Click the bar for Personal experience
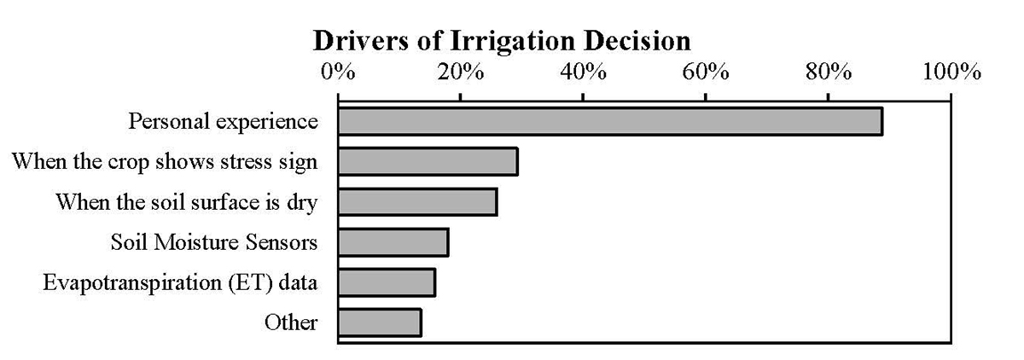click(x=610, y=121)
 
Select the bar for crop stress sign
click(x=428, y=161)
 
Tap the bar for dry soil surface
click(x=418, y=202)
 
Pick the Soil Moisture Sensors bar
click(x=393, y=242)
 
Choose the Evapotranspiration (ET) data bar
click(x=387, y=282)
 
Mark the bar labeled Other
click(x=380, y=322)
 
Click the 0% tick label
click(x=338, y=73)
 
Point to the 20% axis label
click(x=460, y=73)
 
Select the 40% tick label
click(x=584, y=73)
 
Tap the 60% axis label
click(x=706, y=73)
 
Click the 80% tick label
click(x=829, y=73)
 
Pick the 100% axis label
click(x=951, y=73)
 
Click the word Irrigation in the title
click(x=513, y=42)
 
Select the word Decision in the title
click(x=637, y=41)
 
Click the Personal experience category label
click(x=223, y=122)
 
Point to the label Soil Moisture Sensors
click(x=214, y=242)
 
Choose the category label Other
click(x=291, y=322)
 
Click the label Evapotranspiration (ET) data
click(x=180, y=282)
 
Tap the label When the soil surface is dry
click(x=187, y=202)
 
